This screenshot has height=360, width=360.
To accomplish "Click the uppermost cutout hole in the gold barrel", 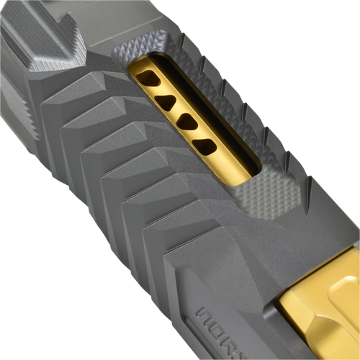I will tap(145, 77).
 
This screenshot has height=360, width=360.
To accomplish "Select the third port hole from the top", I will tap(186, 122).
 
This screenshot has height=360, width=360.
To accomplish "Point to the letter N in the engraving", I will tap(206, 318).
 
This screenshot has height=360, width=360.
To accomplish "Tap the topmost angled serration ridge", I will tap(86, 79).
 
